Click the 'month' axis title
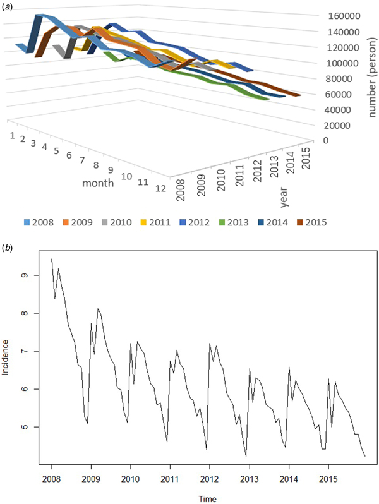point(98,183)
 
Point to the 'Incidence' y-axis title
point(6,357)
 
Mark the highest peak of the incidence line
point(52,259)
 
